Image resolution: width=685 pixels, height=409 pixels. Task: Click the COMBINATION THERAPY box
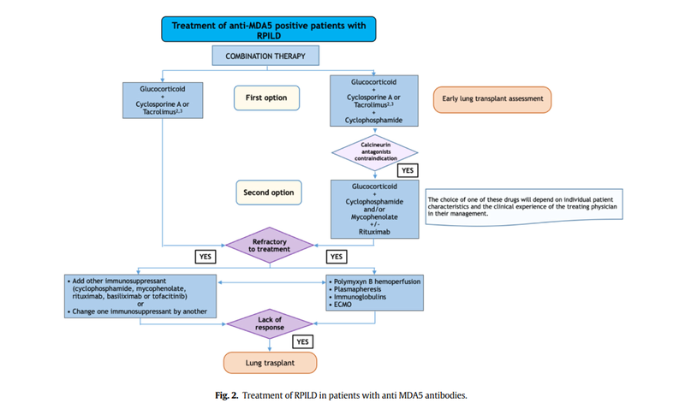pos(265,56)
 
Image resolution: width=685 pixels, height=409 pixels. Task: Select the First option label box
pos(266,98)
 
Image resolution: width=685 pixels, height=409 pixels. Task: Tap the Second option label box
pos(269,193)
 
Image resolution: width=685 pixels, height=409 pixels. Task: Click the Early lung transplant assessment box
pos(492,99)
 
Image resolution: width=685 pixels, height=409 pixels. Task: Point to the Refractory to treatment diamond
pos(270,246)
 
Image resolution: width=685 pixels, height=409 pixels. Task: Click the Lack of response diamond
pos(270,324)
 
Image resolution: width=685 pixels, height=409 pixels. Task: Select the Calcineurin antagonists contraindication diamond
pos(375,152)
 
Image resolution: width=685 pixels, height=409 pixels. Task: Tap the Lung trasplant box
pos(270,363)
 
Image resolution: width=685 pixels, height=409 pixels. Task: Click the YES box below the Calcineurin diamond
pos(408,170)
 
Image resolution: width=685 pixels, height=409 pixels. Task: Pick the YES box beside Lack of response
pos(303,341)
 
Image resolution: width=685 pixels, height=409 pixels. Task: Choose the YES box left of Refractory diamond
pos(205,257)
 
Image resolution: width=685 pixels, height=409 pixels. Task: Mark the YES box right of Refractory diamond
pos(337,257)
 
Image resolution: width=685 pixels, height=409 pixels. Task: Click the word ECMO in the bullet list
pos(342,305)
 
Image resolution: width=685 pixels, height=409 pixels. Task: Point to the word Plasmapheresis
pos(357,289)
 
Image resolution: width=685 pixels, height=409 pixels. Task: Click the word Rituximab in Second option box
pos(374,232)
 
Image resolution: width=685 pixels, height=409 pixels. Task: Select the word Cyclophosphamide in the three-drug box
pos(373,120)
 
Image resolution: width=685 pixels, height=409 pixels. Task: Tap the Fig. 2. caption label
pos(227,395)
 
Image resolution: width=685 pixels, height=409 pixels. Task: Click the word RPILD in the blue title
pos(269,36)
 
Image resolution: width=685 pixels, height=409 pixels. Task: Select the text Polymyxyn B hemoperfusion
pos(377,282)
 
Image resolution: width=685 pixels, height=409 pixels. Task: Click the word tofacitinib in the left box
pos(170,296)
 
